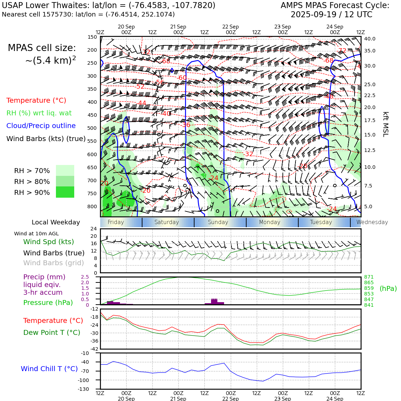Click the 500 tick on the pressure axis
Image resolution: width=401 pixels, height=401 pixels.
pos(92,128)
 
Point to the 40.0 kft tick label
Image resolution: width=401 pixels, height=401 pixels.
pos(370,39)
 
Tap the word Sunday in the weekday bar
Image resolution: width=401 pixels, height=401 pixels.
pos(218,222)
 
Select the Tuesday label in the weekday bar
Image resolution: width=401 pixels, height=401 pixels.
pos(321,222)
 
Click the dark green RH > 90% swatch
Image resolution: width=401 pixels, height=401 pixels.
pos(65,192)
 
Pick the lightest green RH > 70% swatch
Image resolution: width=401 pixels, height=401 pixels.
pos(65,170)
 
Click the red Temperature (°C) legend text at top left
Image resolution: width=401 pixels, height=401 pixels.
pos(36,100)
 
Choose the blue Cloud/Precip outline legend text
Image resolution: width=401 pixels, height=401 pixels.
pos(41,126)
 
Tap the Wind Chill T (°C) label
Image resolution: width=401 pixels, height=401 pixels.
pos(49,369)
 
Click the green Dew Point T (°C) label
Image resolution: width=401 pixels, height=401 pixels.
pos(52,332)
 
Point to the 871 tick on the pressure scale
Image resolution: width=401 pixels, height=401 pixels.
pos(369,277)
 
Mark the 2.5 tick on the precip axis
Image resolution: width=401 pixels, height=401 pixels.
pos(85,277)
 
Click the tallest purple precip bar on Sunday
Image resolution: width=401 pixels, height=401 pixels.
pos(214,301)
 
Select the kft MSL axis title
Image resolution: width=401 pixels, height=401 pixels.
pos(386,124)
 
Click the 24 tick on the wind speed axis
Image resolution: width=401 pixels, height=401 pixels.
pos(94,229)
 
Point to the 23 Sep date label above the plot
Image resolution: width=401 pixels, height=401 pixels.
pos(283,27)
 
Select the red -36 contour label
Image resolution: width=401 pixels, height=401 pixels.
pos(186,125)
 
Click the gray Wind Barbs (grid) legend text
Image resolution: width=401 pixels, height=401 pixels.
pos(54,263)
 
